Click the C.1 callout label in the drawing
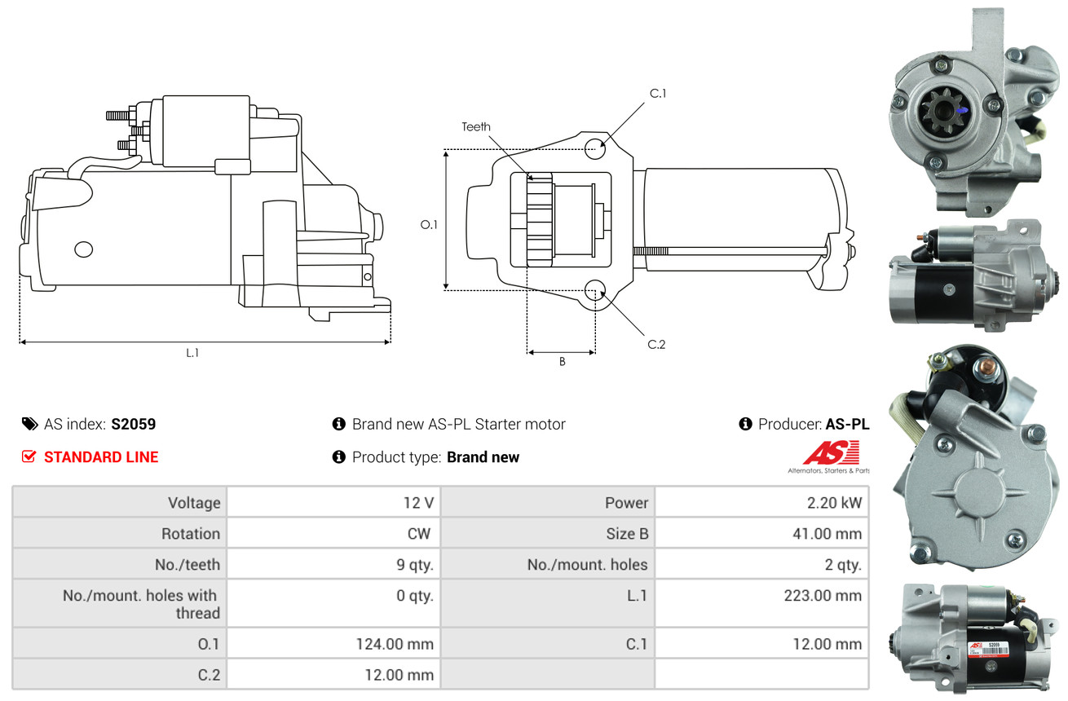click(657, 94)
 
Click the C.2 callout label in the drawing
click(656, 344)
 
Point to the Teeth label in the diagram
click(476, 127)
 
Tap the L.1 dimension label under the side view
click(192, 353)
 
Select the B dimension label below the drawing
click(563, 362)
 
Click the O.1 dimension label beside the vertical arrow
click(429, 224)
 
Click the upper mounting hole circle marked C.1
click(594, 148)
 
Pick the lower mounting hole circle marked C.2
click(594, 290)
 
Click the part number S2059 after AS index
click(134, 424)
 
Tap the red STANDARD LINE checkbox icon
click(29, 456)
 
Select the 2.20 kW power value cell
click(762, 502)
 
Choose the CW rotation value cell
click(333, 533)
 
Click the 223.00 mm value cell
click(762, 603)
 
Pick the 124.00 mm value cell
click(333, 644)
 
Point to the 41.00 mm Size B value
click(827, 534)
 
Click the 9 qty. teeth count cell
click(333, 564)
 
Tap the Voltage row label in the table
click(194, 503)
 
